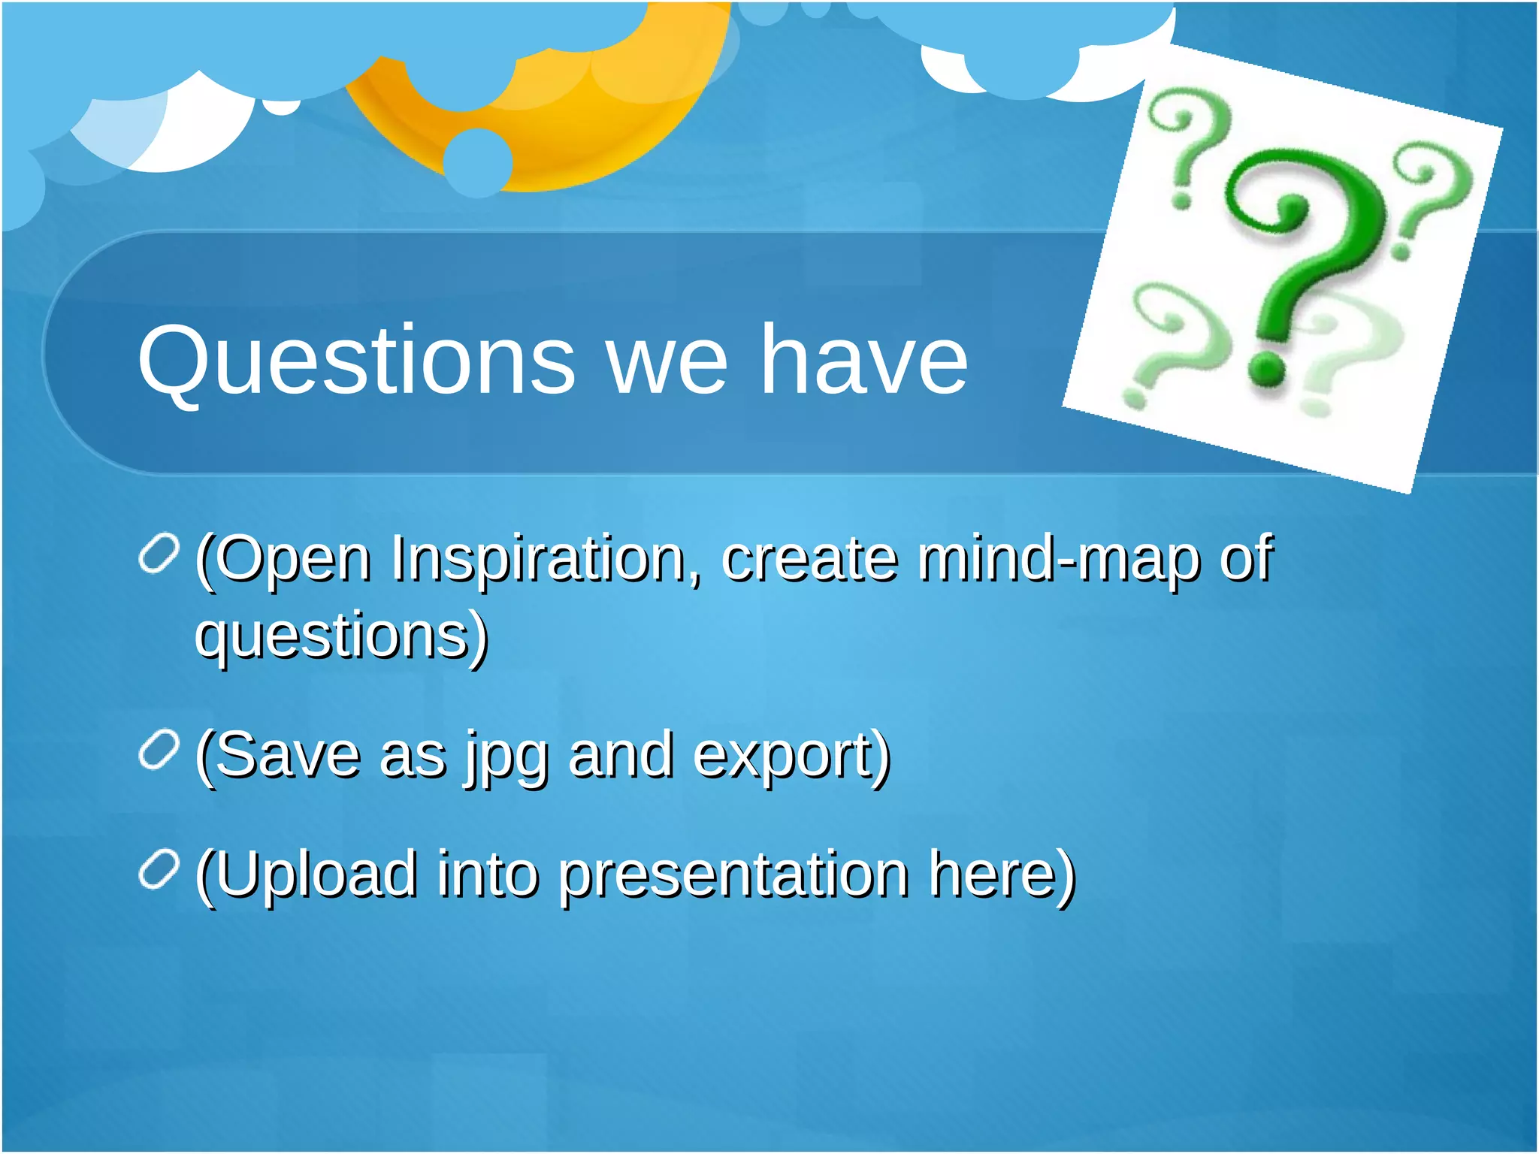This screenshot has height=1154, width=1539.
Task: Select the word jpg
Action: pyautogui.click(x=506, y=757)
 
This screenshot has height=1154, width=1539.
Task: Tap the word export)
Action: pyautogui.click(x=791, y=757)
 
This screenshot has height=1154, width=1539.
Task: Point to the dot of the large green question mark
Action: pyautogui.click(x=1268, y=367)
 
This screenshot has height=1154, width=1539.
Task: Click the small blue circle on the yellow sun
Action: pyautogui.click(x=478, y=162)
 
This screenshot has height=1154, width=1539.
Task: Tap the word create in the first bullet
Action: pyautogui.click(x=809, y=560)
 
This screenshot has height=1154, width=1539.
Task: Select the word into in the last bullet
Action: pyautogui.click(x=488, y=875)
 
